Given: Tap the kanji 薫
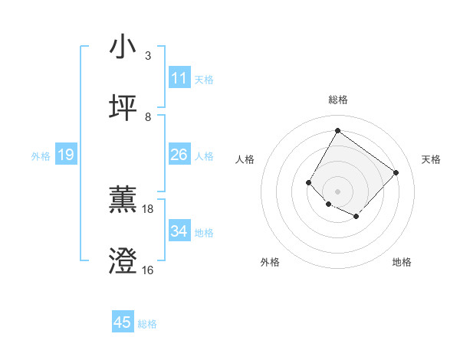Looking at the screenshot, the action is pyautogui.click(x=123, y=199).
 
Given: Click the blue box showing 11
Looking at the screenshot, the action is pyautogui.click(x=179, y=78).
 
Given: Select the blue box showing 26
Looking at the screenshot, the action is pyautogui.click(x=179, y=155).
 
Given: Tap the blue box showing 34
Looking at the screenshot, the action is pyautogui.click(x=179, y=231).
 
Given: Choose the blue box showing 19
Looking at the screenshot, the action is pyautogui.click(x=66, y=155).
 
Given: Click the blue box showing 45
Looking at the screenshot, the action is pyautogui.click(x=123, y=322).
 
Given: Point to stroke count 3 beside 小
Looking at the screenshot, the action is pyautogui.click(x=147, y=56).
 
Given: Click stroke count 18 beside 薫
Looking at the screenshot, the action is pyautogui.click(x=148, y=208).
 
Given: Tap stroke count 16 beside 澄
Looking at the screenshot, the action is pyautogui.click(x=148, y=270).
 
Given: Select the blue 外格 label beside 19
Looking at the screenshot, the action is pyautogui.click(x=41, y=156).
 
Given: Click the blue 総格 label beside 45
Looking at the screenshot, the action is pyautogui.click(x=147, y=324).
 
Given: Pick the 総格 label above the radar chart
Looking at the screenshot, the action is pyautogui.click(x=337, y=100).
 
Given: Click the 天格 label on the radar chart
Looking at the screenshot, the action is pyautogui.click(x=431, y=159).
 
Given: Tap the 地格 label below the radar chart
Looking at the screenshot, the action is pyautogui.click(x=402, y=262).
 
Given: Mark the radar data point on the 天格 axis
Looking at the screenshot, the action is pyautogui.click(x=396, y=172).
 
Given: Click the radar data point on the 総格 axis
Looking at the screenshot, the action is pyautogui.click(x=337, y=130).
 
